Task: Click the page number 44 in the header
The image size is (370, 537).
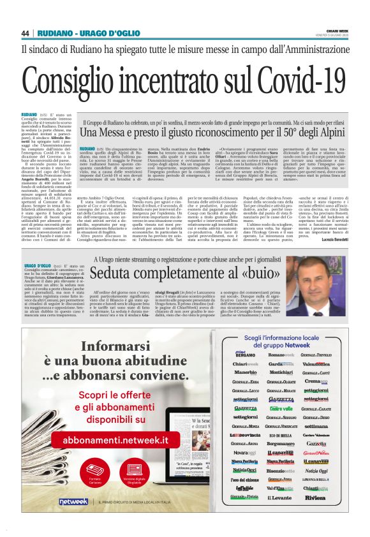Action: pyautogui.click(x=26, y=33)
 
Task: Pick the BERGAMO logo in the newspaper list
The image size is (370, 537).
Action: pyautogui.click(x=241, y=354)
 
